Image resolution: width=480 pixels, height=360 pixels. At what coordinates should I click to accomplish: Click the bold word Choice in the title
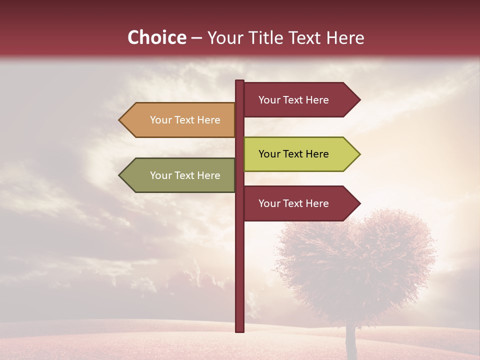click(x=156, y=37)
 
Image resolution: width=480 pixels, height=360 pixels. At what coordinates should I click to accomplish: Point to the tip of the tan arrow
click(x=120, y=120)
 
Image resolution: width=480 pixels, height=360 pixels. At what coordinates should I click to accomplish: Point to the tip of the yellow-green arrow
click(x=359, y=154)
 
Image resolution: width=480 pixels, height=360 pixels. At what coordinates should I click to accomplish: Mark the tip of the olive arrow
click(x=120, y=175)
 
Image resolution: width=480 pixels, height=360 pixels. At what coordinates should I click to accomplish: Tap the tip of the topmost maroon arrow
click(x=359, y=100)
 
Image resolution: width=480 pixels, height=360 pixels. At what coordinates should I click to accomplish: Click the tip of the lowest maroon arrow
click(x=359, y=203)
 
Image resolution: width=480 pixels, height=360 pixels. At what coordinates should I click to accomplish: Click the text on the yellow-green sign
click(x=293, y=154)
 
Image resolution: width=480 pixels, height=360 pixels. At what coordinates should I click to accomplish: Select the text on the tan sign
click(x=185, y=120)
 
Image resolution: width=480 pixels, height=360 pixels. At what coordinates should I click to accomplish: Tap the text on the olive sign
click(x=185, y=175)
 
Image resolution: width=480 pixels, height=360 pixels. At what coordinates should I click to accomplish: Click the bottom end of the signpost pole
click(x=239, y=330)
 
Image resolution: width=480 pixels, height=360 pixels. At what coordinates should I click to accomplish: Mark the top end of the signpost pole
click(x=239, y=81)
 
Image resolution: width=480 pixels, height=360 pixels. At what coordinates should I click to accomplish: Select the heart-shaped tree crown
click(x=355, y=265)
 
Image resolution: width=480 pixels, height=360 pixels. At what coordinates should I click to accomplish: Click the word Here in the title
click(x=345, y=37)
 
